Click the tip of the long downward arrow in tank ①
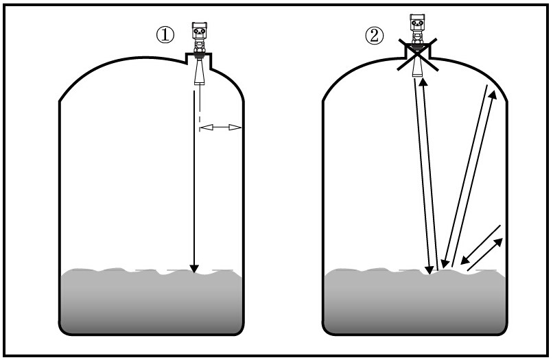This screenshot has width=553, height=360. coord(194,273)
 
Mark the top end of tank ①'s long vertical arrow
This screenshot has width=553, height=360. coord(194,91)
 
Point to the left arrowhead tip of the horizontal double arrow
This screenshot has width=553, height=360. coord(200,127)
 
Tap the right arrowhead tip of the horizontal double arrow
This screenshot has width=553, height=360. coord(242,127)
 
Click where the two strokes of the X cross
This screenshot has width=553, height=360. coord(418,54)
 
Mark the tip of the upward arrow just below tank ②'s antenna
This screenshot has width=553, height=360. coord(423,78)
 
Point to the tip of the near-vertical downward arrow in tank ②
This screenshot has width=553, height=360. coord(430,274)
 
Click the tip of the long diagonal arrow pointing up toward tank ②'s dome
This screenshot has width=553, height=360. coord(495,91)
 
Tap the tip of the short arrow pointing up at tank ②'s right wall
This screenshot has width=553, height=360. coord(502,239)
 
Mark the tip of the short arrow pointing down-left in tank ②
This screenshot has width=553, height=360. coord(461,264)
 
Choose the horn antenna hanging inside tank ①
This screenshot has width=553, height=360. coord(200,71)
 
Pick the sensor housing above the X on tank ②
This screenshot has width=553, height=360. coord(417,29)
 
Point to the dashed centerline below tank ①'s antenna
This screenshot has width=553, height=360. coord(200,108)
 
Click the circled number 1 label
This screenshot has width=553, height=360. coord(165,35)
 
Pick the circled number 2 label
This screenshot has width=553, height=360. coord(374,35)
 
